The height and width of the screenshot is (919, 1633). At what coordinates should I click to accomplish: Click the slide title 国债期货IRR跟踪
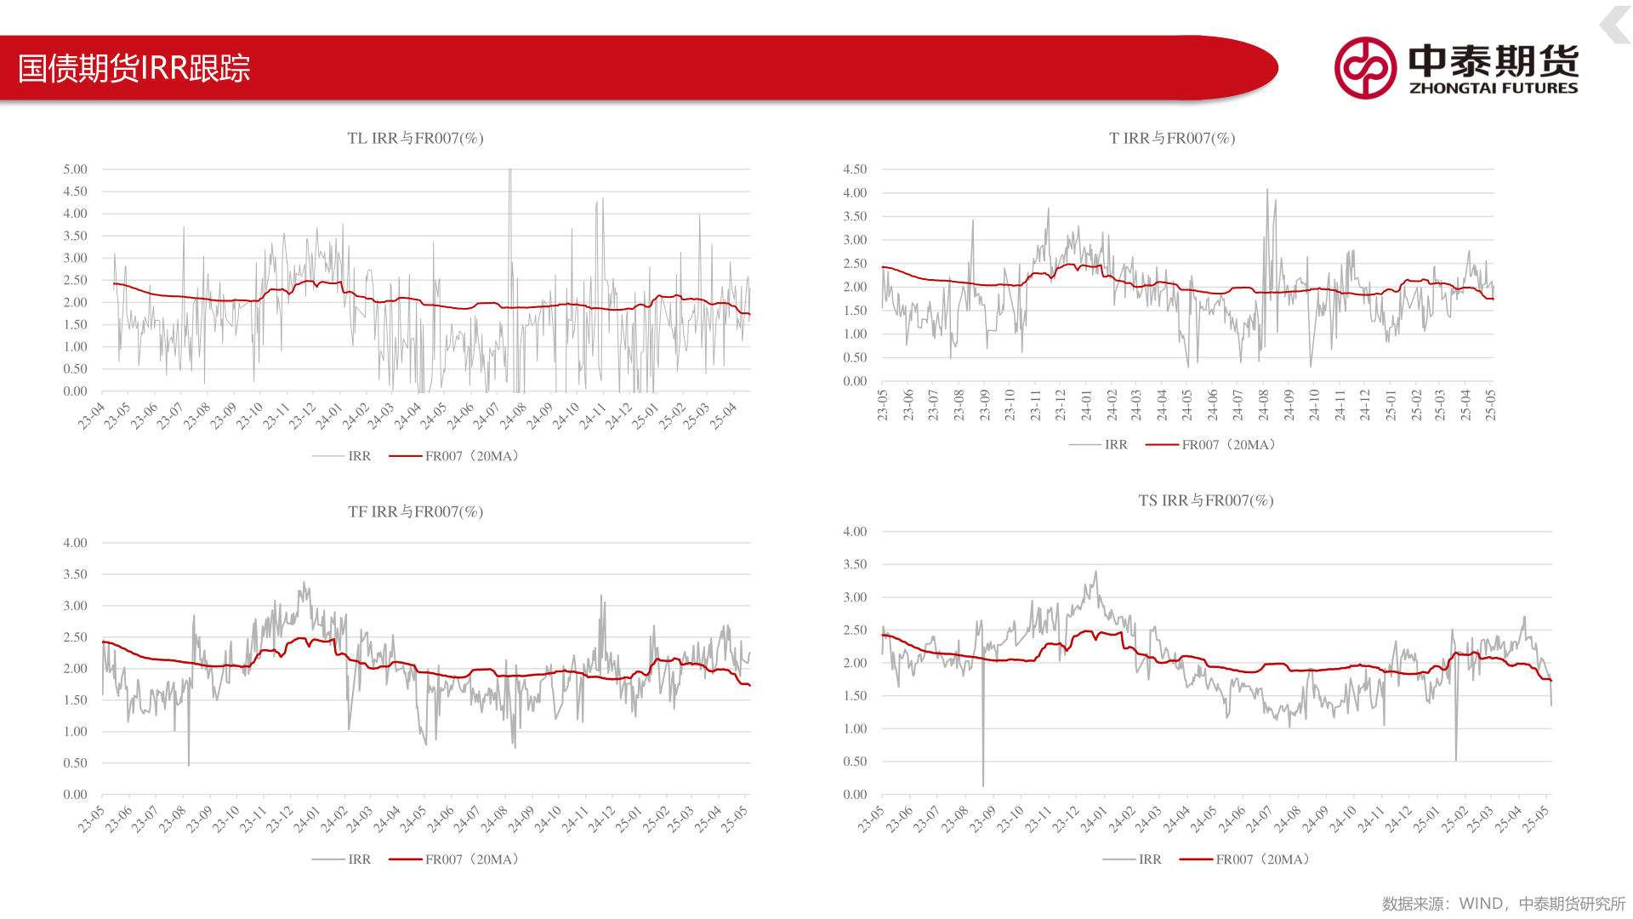[x=134, y=68]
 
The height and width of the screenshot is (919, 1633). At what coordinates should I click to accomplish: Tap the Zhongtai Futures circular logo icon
[x=1365, y=68]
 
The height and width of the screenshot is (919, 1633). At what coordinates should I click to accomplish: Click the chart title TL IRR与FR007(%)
[x=415, y=138]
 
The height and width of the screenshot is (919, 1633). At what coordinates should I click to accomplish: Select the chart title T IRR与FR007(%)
[x=1172, y=138]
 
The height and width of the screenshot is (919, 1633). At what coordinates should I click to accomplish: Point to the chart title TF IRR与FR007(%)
[x=415, y=511]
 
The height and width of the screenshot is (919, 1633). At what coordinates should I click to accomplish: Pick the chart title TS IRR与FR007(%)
[x=1206, y=500]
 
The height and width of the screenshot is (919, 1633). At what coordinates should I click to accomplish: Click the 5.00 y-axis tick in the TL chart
[x=75, y=169]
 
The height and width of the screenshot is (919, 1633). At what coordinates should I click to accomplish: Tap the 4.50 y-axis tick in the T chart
[x=855, y=169]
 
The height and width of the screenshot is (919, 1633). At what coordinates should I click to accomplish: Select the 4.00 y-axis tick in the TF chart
[x=75, y=543]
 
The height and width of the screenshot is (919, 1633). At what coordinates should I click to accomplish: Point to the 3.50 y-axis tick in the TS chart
[x=855, y=564]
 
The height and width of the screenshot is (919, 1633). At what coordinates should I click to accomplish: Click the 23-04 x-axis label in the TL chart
[x=91, y=416]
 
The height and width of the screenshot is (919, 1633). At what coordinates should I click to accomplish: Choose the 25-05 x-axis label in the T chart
[x=1490, y=405]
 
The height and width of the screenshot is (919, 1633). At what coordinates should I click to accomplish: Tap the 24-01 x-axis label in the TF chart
[x=306, y=819]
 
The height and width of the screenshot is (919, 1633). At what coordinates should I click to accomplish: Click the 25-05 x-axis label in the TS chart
[x=1535, y=819]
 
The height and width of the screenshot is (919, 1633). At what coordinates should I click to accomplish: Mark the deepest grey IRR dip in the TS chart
[x=983, y=784]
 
